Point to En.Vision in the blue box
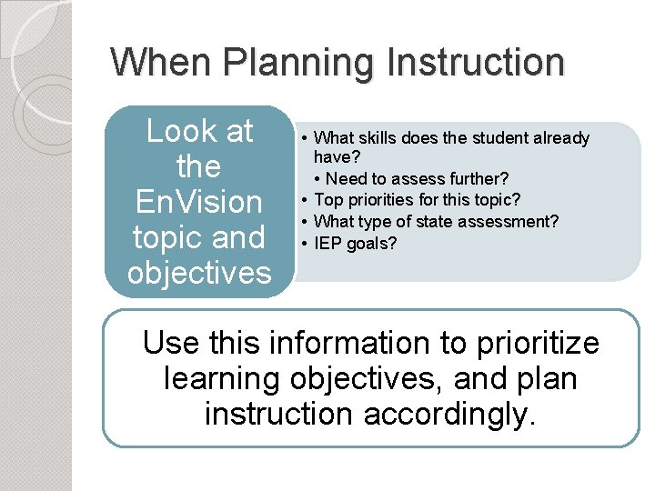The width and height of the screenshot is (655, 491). [199, 202]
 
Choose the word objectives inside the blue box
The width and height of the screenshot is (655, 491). [199, 273]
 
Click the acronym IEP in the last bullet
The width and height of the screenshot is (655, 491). [327, 243]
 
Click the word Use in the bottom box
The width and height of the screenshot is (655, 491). [173, 344]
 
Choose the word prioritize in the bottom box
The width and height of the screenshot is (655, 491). [537, 344]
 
